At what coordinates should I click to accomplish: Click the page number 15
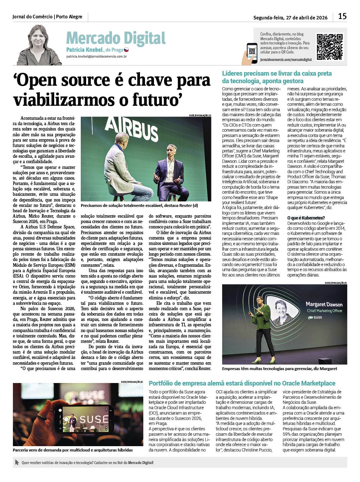342,16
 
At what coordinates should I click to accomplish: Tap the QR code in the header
329,47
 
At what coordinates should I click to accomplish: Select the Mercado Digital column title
116,38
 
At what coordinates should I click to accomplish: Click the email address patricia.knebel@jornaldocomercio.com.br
97,57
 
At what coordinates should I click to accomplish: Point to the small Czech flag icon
126,50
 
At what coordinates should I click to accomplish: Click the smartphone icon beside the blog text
252,53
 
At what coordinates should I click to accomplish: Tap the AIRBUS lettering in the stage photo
131,128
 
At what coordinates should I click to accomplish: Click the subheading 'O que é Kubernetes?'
306,218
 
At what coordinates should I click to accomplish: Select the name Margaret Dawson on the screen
324,304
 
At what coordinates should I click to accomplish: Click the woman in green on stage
260,328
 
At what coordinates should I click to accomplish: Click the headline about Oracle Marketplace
242,383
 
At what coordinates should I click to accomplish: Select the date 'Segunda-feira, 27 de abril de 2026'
290,17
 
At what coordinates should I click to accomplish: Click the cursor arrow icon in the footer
17,462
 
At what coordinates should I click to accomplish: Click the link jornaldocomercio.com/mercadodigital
286,60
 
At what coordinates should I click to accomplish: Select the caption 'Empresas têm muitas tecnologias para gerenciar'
279,368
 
